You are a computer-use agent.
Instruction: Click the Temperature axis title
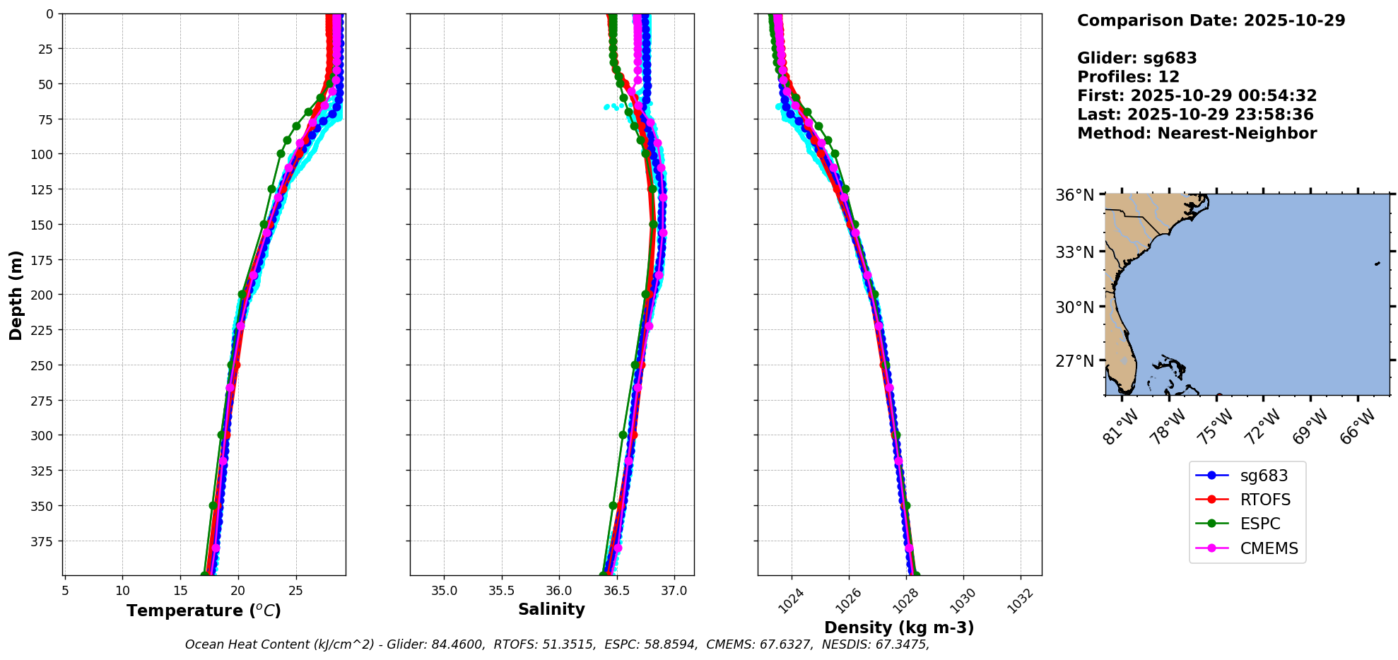pos(204,611)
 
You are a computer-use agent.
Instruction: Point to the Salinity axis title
pos(551,609)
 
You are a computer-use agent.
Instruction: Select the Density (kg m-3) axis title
pos(899,627)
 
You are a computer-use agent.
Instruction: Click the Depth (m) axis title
pos(16,295)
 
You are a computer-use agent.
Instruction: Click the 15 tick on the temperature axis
pos(180,591)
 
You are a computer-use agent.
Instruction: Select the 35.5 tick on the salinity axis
pos(502,591)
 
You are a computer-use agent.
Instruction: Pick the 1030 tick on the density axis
pos(963,601)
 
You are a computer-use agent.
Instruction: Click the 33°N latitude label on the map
pos(1074,252)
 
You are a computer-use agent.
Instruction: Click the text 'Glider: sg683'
pos(1136,58)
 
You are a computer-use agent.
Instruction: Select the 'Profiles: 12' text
pos(1128,77)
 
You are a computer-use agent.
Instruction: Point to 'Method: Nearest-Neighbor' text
pos(1197,134)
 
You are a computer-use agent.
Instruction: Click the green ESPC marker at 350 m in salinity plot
pos(613,505)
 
